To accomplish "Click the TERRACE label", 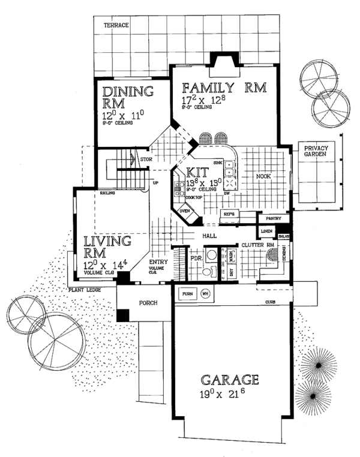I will (117, 26).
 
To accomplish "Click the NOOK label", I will (264, 176).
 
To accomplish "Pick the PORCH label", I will (148, 303).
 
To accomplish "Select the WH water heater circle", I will (205, 294).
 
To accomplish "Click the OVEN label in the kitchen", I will (185, 212).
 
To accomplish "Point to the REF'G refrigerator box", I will (229, 214).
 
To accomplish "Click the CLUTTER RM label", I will (257, 246).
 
